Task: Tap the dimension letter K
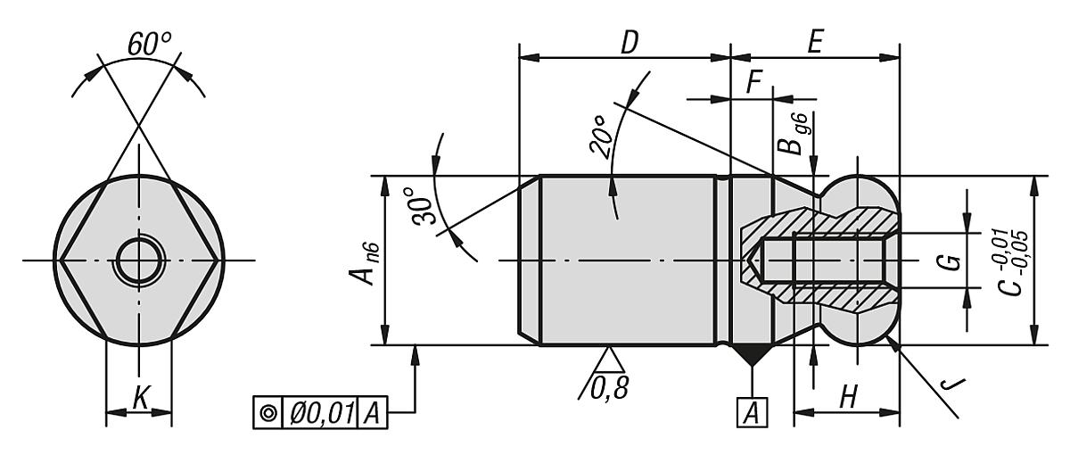coord(140,398)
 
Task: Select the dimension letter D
coord(630,44)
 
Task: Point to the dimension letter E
coord(812,44)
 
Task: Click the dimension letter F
coord(754,83)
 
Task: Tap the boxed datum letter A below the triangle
coord(752,411)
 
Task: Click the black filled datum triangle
coord(752,355)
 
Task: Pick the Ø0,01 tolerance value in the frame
coord(321,413)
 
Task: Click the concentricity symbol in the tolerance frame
coord(267,413)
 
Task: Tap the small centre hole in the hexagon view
coord(139,261)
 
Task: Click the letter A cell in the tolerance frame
coord(374,413)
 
